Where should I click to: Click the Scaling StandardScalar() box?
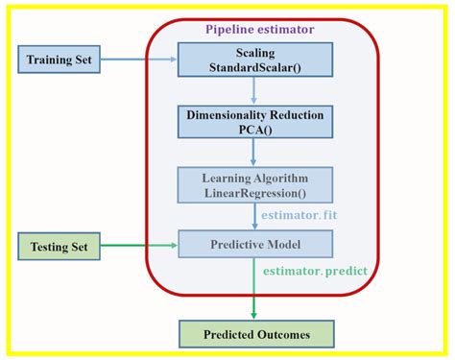[254, 60]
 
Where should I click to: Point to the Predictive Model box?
[254, 245]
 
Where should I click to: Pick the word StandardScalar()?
[254, 68]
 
